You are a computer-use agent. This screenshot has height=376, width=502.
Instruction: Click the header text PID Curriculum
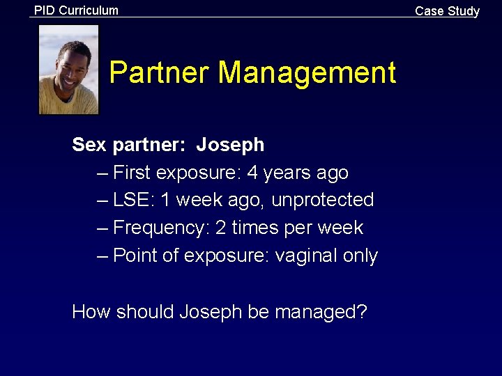(x=77, y=10)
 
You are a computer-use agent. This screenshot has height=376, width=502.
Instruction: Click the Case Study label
(x=447, y=11)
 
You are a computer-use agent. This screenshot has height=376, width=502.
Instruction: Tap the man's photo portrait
(x=68, y=70)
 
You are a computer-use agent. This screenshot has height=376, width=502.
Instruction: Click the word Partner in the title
(x=160, y=73)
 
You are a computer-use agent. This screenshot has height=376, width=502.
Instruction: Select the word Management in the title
(x=307, y=73)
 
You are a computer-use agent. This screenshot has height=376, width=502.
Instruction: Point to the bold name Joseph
(x=230, y=145)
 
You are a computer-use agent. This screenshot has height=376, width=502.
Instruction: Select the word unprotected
(x=323, y=200)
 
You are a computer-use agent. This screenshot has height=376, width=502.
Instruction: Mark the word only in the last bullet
(x=360, y=256)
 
